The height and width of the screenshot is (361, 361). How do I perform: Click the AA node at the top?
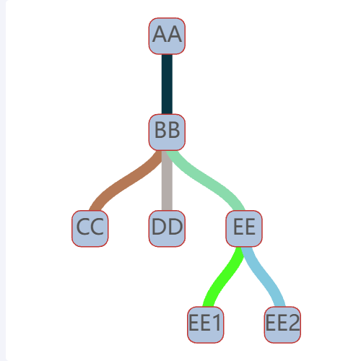click(167, 36)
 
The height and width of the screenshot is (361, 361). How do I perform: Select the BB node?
click(167, 132)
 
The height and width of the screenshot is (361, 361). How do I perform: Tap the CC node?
click(90, 228)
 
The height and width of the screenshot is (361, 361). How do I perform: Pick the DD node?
click(167, 228)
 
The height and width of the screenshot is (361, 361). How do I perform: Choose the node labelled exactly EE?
click(244, 228)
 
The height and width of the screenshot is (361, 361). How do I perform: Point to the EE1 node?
click(206, 325)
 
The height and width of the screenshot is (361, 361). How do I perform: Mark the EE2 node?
click(282, 325)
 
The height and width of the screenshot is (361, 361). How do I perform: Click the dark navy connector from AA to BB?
click(167, 84)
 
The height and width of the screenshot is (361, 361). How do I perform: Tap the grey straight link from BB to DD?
click(167, 180)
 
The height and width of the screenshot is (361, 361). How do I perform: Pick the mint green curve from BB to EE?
click(206, 181)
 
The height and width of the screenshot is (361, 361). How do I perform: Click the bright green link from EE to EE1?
click(224, 277)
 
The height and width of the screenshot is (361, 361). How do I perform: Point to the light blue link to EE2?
click(264, 277)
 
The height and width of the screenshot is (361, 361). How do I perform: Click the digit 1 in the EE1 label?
click(217, 323)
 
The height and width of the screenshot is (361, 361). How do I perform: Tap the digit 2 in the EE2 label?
click(294, 323)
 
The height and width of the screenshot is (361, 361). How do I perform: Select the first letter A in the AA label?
click(160, 34)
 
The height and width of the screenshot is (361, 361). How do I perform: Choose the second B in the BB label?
click(174, 130)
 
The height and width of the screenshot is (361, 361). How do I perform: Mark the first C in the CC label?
click(83, 227)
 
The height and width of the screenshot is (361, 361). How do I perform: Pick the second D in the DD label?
click(175, 227)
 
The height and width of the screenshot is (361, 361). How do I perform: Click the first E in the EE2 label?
click(271, 323)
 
